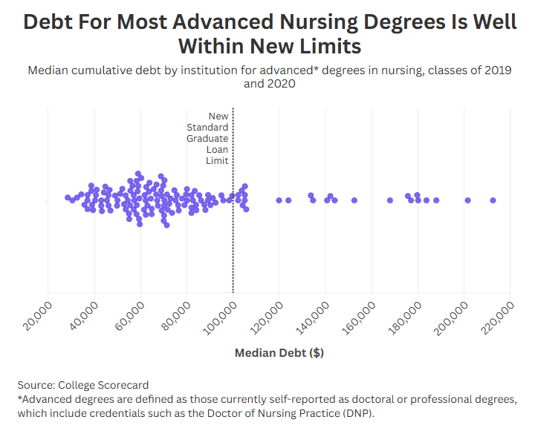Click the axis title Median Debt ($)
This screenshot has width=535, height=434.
[279, 353]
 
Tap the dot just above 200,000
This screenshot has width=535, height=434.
[468, 200]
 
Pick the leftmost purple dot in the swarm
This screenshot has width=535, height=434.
[68, 197]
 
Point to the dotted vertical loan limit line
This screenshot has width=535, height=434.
[233, 245]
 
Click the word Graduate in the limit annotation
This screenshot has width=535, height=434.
[207, 139]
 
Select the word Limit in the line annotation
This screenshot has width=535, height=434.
[217, 161]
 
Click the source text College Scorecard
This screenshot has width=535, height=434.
[105, 385]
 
